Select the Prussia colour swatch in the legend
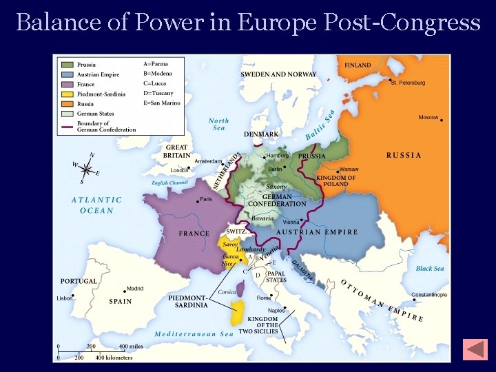tap(68, 65)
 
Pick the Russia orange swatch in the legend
tap(68, 104)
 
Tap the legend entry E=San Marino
tap(161, 103)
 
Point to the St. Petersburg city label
tap(408, 83)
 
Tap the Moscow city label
tap(428, 118)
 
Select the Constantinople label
tap(428, 295)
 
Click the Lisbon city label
tap(65, 298)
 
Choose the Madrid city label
tap(135, 289)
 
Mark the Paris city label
tap(206, 200)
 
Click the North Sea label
tap(218, 124)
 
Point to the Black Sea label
tap(430, 269)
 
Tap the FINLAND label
tap(358, 65)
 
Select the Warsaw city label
tap(349, 169)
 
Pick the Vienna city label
tap(291, 223)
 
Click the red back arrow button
tap(475, 349)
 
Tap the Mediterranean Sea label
tap(194, 334)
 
